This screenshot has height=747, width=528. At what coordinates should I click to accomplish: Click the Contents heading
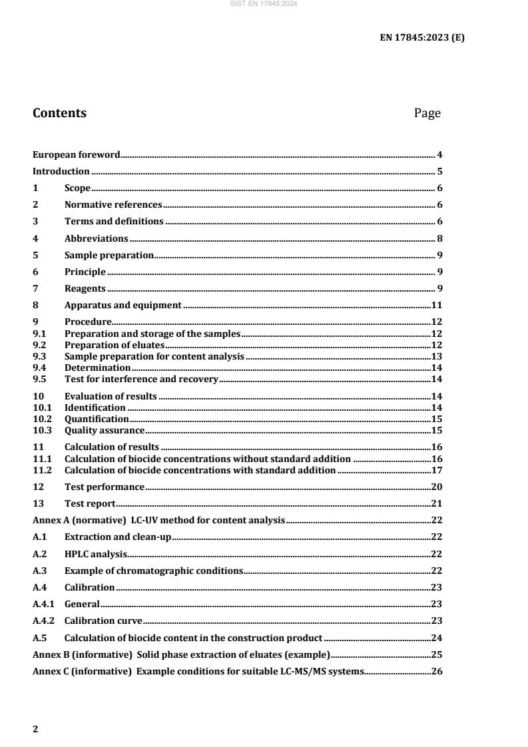[59, 113]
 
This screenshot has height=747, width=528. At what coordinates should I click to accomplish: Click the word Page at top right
[427, 113]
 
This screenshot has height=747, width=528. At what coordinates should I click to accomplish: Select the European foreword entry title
[76, 154]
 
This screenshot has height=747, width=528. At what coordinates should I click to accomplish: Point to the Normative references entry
[113, 204]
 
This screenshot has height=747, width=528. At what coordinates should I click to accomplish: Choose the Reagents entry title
[85, 288]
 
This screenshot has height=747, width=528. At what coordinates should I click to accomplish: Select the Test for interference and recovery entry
[141, 379]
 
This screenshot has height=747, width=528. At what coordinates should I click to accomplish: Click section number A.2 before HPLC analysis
[39, 553]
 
